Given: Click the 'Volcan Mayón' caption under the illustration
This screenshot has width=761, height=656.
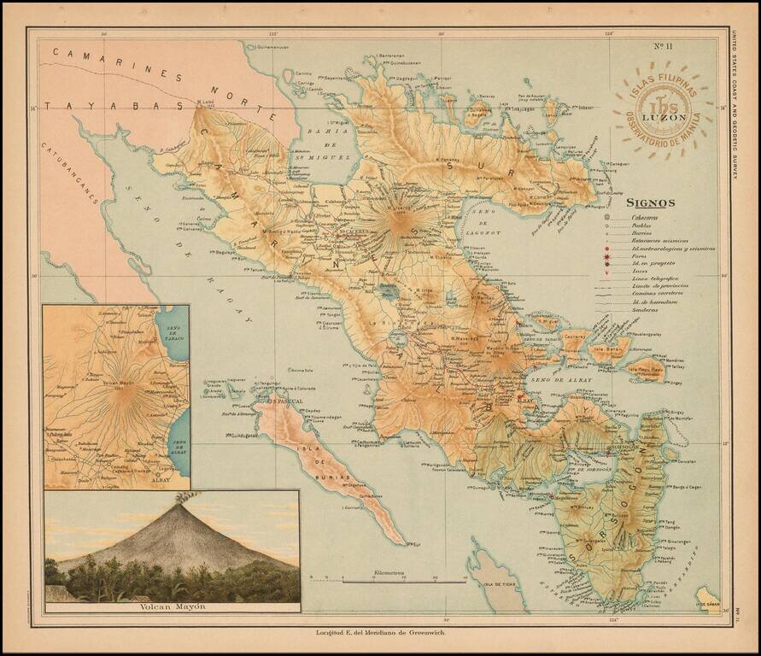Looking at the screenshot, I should (172, 608).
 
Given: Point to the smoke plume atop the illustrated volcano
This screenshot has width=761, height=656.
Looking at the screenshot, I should (180, 498).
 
